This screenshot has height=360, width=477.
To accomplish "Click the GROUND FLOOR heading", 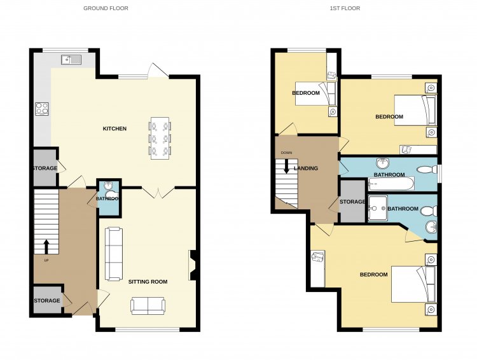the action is point(106,8).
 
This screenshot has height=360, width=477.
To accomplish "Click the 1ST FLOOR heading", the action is point(345,8).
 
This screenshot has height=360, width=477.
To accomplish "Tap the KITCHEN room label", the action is point(114,128).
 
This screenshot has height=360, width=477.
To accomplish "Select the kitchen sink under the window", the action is point(71,60).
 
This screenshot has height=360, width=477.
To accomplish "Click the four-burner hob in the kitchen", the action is point(42,109).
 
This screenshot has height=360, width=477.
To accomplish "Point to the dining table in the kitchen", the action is point(160,139).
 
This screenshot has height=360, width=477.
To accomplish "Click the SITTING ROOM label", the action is point(148,282).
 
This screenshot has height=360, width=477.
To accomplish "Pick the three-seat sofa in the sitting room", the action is point(114,254).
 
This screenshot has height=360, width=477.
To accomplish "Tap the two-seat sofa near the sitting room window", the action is point(148,306).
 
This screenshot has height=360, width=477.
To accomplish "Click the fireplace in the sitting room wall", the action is point(193,265).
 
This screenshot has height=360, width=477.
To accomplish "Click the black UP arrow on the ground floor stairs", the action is point(46,247).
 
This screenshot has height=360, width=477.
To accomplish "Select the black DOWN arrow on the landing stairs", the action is point(286,167).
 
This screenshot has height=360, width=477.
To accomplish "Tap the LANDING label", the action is point(306,169).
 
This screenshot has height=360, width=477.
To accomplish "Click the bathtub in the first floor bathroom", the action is point(391,184).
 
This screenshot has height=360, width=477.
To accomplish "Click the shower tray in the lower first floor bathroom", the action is point(378,208).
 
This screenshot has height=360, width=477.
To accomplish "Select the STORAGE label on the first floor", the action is point(352,202).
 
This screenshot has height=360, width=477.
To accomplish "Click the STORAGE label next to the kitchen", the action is point(45,169).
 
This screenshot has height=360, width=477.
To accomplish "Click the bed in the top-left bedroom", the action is point(316,93).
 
